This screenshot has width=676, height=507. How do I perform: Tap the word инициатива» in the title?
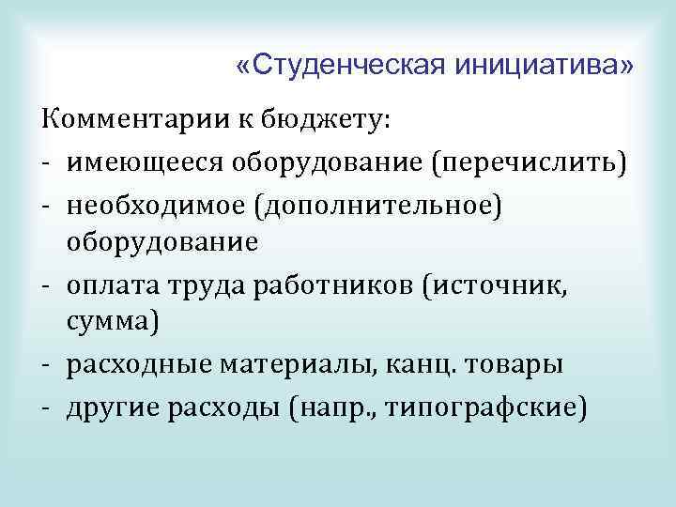coord(543,66)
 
